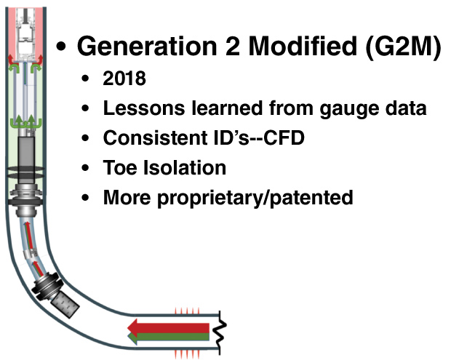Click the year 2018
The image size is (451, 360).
pos(125,79)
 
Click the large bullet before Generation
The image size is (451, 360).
pos(63,47)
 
